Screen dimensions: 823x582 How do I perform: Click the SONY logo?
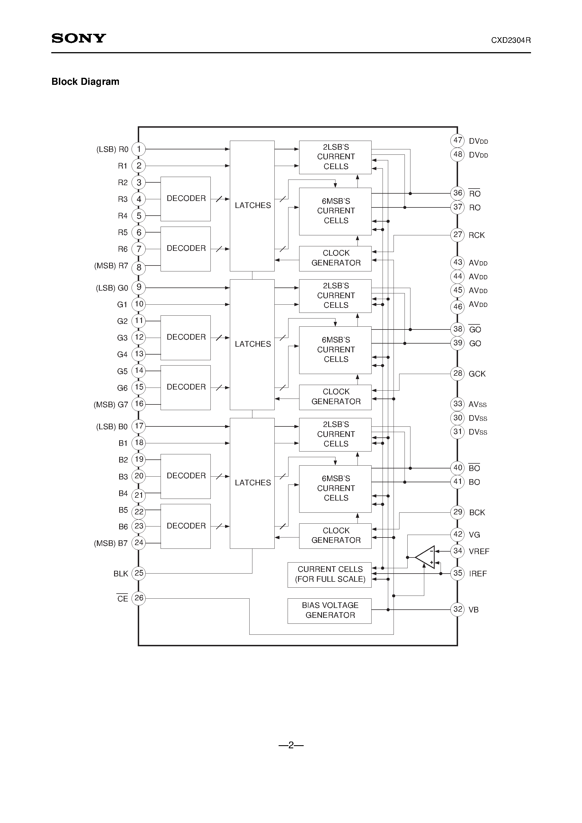(79, 38)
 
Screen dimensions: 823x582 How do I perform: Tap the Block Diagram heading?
(85, 82)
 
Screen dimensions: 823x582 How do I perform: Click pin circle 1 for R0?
(139, 149)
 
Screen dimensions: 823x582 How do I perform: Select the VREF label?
(479, 552)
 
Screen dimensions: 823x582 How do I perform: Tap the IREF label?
(478, 574)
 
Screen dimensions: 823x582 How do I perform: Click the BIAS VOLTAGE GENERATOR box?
(329, 610)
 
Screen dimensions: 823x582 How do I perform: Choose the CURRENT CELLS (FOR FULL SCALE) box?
(329, 574)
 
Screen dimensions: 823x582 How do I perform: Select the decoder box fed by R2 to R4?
(185, 199)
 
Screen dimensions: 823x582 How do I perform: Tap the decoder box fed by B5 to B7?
(185, 526)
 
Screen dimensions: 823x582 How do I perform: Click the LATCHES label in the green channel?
(253, 344)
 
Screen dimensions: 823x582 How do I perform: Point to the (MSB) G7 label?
(111, 405)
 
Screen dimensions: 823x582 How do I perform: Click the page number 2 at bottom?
(291, 745)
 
